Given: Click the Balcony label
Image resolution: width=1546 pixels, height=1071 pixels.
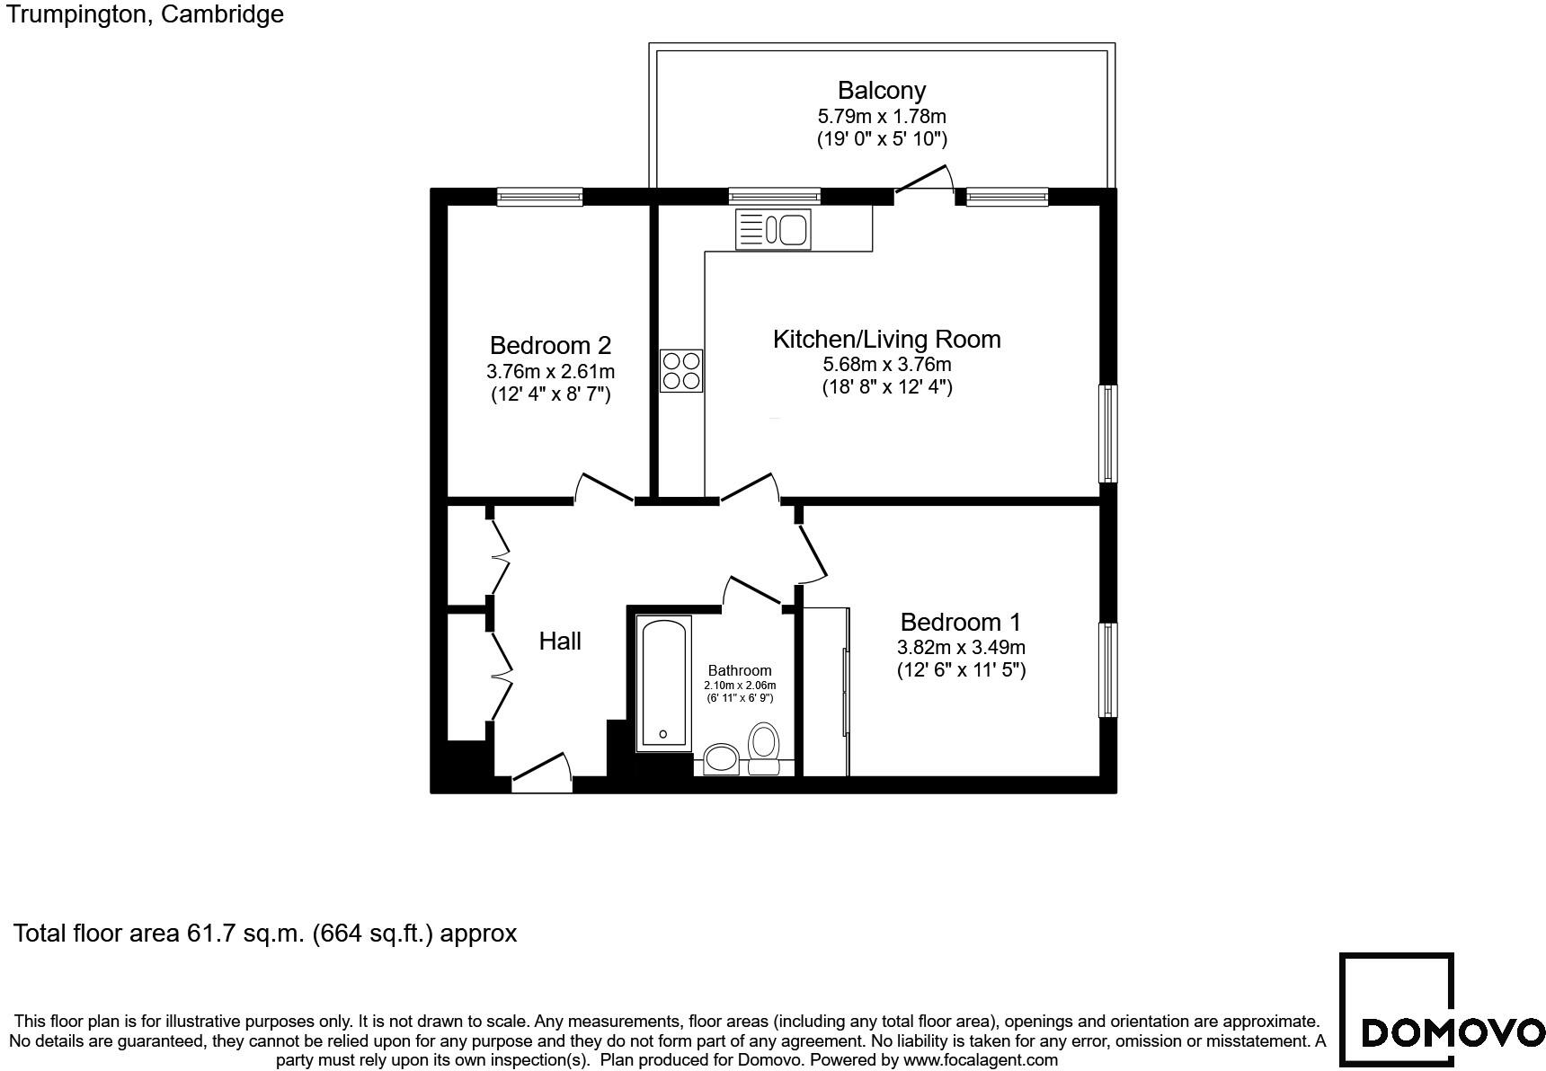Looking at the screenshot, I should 881,91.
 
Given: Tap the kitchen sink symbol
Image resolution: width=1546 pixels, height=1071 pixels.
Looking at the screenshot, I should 773,228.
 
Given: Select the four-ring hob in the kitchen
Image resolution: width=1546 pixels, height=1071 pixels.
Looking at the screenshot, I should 681,371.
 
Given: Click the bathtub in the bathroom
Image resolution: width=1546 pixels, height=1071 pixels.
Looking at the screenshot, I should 663,683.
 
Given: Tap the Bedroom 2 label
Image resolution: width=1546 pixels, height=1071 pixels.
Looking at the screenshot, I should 550,345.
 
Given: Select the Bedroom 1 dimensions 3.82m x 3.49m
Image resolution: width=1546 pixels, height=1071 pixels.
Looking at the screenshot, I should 961,647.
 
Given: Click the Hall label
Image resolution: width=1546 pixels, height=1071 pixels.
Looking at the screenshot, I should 560,641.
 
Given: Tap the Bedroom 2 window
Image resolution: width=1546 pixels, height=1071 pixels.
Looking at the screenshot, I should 540,196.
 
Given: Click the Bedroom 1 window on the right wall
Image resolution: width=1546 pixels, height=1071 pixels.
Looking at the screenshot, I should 1108,670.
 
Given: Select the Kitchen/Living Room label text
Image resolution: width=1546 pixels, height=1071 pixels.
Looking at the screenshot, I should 886,339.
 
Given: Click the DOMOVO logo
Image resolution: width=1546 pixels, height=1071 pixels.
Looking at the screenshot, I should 1441,1010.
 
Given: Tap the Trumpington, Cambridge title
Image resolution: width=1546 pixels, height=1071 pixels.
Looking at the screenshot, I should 143,13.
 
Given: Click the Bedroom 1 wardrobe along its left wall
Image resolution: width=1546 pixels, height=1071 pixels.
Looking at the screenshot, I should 825,691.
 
